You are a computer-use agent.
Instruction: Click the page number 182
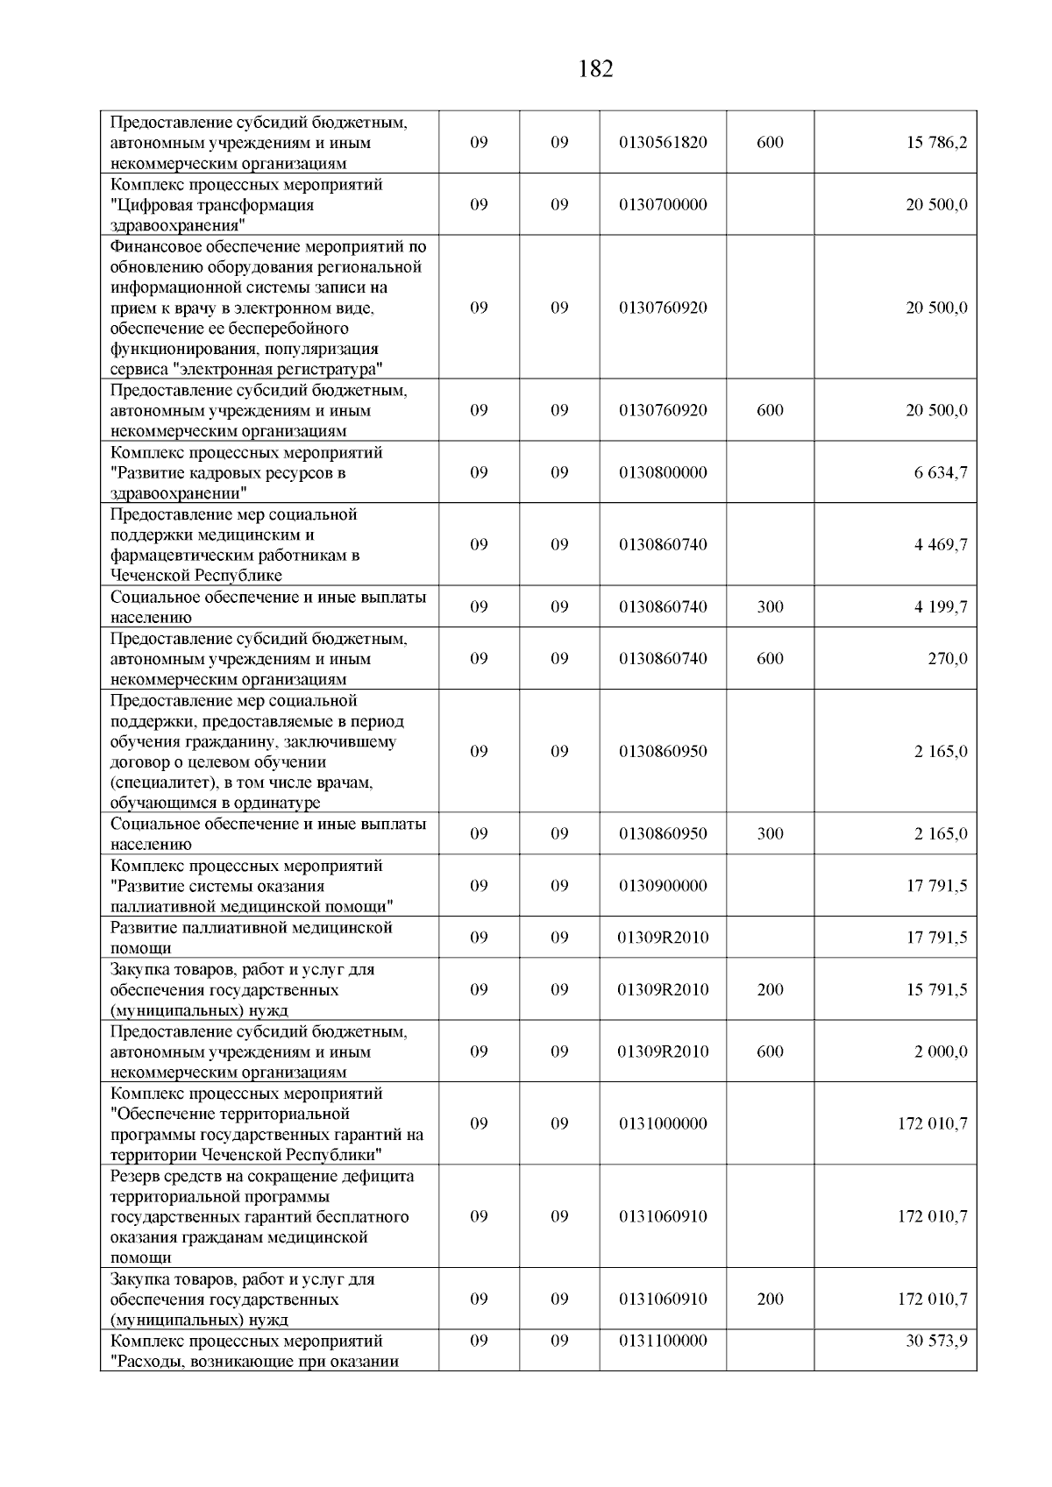click(x=596, y=69)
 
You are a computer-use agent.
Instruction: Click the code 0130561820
click(x=663, y=143)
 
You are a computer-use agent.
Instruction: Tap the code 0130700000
click(x=663, y=205)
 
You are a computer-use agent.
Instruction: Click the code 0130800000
click(x=663, y=472)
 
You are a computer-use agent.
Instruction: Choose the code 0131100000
click(x=663, y=1341)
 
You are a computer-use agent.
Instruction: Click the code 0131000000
click(x=663, y=1123)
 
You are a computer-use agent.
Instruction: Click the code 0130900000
click(x=663, y=886)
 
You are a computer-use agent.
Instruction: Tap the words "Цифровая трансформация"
click(x=212, y=205)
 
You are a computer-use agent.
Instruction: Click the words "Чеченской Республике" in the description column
click(x=196, y=576)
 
